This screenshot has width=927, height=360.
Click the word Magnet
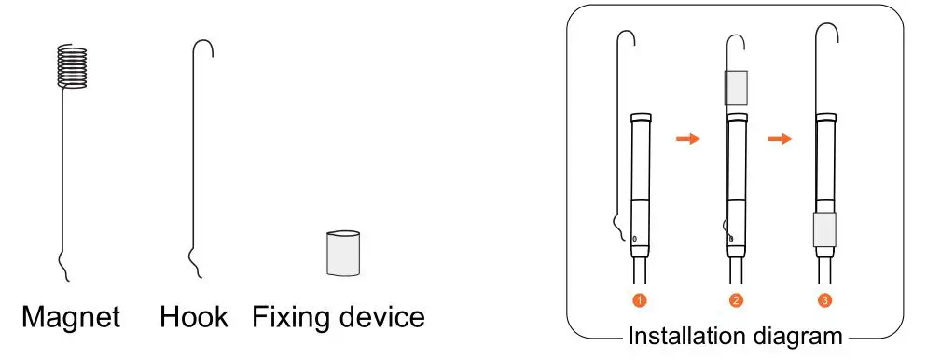(x=71, y=317)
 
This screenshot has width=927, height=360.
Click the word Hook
(x=193, y=317)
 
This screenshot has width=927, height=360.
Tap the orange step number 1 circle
(x=639, y=300)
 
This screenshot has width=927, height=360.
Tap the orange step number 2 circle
(x=736, y=300)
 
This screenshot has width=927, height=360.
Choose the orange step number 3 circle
(x=824, y=300)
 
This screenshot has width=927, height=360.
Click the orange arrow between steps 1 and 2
(x=687, y=139)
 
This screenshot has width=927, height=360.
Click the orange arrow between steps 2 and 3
(x=779, y=139)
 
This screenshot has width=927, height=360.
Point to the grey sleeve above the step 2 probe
(x=736, y=88)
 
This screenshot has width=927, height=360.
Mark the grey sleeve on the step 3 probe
(x=824, y=228)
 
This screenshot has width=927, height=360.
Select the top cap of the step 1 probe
(x=641, y=118)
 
